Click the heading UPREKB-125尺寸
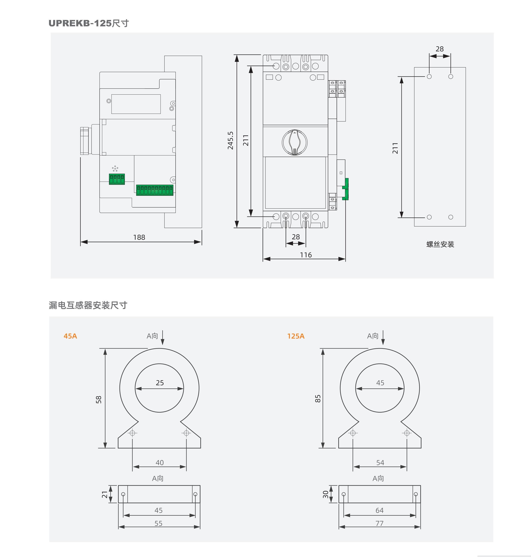[x=89, y=23]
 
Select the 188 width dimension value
[x=139, y=237]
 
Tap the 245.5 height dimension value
[x=230, y=140]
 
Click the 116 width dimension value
[x=306, y=255]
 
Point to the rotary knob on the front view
[x=295, y=142]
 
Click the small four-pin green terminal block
[x=117, y=179]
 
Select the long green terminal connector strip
[x=155, y=190]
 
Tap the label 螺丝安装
[x=440, y=244]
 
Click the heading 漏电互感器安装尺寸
[x=88, y=305]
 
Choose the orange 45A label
[x=70, y=336]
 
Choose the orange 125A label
[x=296, y=336]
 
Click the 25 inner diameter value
[x=160, y=383]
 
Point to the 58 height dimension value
[x=98, y=400]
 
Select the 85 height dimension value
[x=318, y=399]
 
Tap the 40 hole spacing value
[x=160, y=462]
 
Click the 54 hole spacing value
[x=380, y=462]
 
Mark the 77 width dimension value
[x=379, y=523]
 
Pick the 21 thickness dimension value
[x=105, y=495]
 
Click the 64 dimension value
[x=379, y=510]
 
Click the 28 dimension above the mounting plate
[x=440, y=49]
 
